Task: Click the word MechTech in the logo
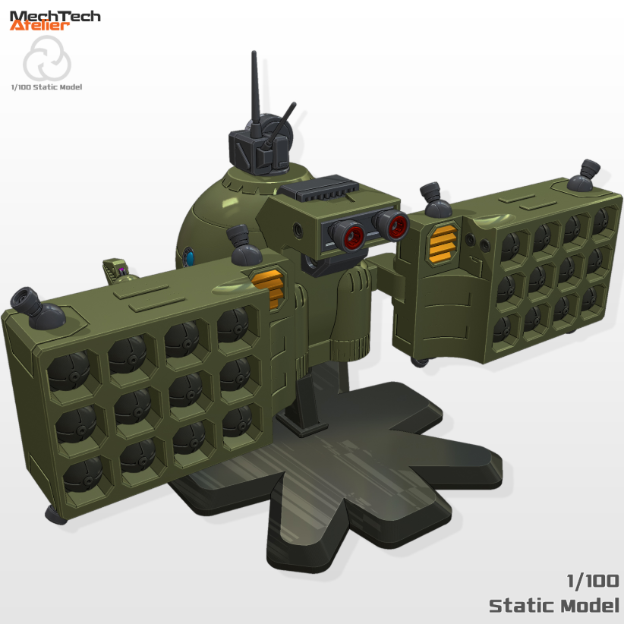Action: [x=55, y=16]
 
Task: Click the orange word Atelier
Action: [x=40, y=26]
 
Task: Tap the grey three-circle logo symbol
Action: [x=46, y=61]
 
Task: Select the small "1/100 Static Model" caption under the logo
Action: [x=46, y=87]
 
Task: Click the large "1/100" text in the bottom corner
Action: [x=593, y=581]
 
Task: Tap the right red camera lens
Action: [x=395, y=223]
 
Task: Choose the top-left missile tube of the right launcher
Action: [x=510, y=245]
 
